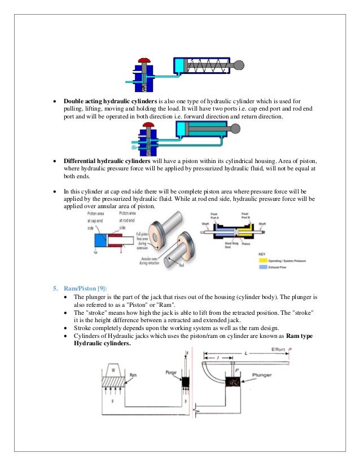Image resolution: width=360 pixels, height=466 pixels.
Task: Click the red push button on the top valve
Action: (144, 60)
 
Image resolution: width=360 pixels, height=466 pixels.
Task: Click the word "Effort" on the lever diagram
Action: (278, 349)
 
